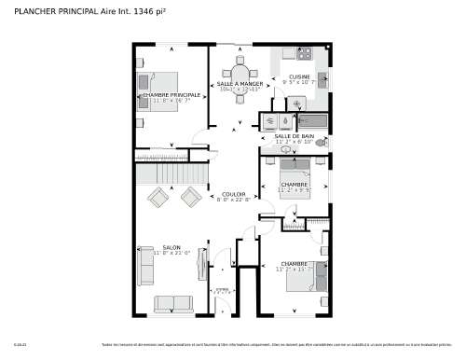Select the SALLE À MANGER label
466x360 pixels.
click(x=240, y=84)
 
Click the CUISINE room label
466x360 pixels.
click(x=299, y=76)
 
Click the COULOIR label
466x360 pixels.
click(x=234, y=193)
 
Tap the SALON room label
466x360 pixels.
click(x=171, y=247)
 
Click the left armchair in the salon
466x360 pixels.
click(x=158, y=197)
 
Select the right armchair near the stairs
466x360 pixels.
click(x=191, y=196)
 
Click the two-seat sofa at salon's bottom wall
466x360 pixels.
click(x=172, y=303)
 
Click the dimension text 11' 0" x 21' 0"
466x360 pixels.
click(x=171, y=253)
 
